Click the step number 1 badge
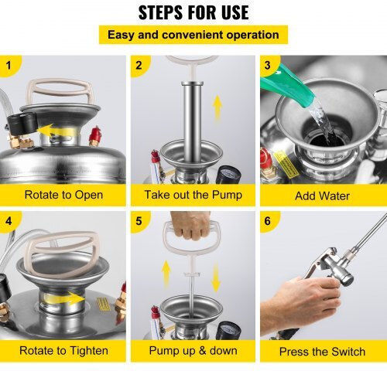tap(9, 65)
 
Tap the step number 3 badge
tap(268, 65)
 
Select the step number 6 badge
tap(268, 221)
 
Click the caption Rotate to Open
tap(63, 195)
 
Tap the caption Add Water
tap(322, 196)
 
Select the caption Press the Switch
tap(322, 352)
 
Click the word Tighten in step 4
tap(89, 351)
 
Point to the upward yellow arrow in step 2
tap(217, 107)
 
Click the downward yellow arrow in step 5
tap(216, 277)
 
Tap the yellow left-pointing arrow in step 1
tap(55, 131)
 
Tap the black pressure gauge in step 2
tap(228, 175)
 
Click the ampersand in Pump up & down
tap(203, 351)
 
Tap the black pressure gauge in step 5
tap(228, 331)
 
